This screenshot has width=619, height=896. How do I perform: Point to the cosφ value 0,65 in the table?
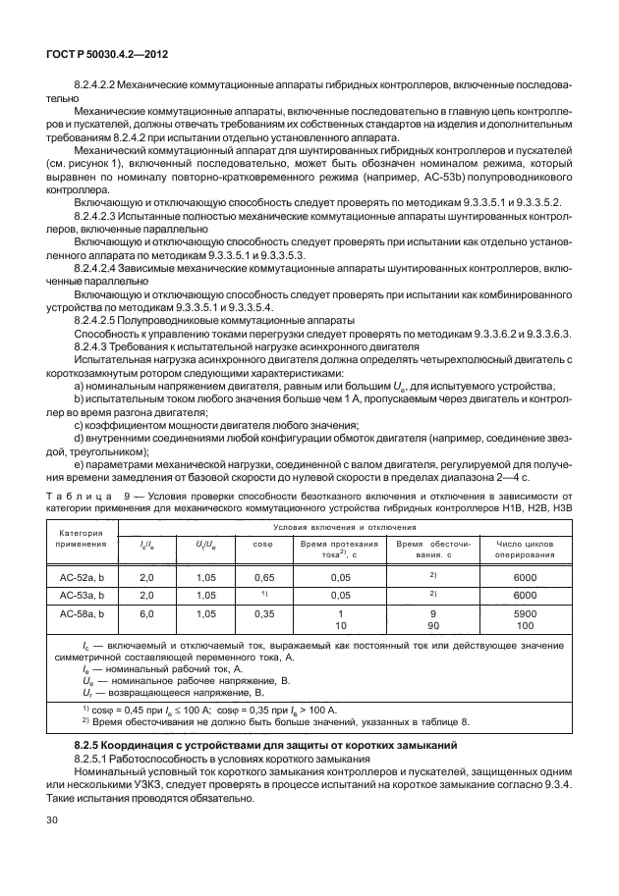click(x=262, y=578)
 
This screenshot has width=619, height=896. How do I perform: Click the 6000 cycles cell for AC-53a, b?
click(x=525, y=595)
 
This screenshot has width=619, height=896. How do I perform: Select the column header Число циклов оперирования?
click(x=525, y=548)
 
